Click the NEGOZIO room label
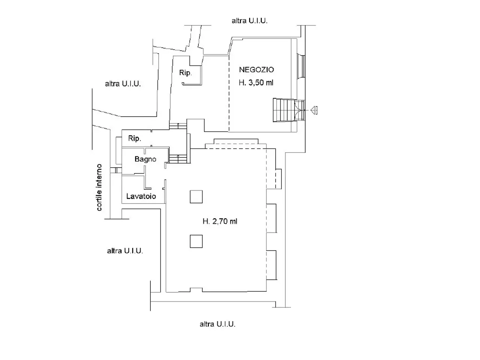tap(256, 70)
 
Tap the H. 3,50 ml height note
tap(256, 82)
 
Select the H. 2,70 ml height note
tap(220, 221)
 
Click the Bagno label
tap(145, 159)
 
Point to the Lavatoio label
tap(141, 196)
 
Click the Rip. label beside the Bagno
tap(135, 138)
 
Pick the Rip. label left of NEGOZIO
tap(186, 73)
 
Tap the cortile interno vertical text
tap(99, 187)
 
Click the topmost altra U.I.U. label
tap(249, 21)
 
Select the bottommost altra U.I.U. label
tap(217, 324)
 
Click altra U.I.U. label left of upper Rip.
tap(123, 84)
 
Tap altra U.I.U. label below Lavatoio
tap(125, 251)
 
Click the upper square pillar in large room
tap(196, 196)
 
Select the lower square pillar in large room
tap(196, 241)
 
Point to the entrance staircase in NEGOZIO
tap(283, 110)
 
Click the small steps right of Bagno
tap(178, 159)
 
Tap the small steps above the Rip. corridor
tap(178, 126)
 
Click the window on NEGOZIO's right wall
tap(301, 66)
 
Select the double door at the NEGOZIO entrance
tap(299, 110)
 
